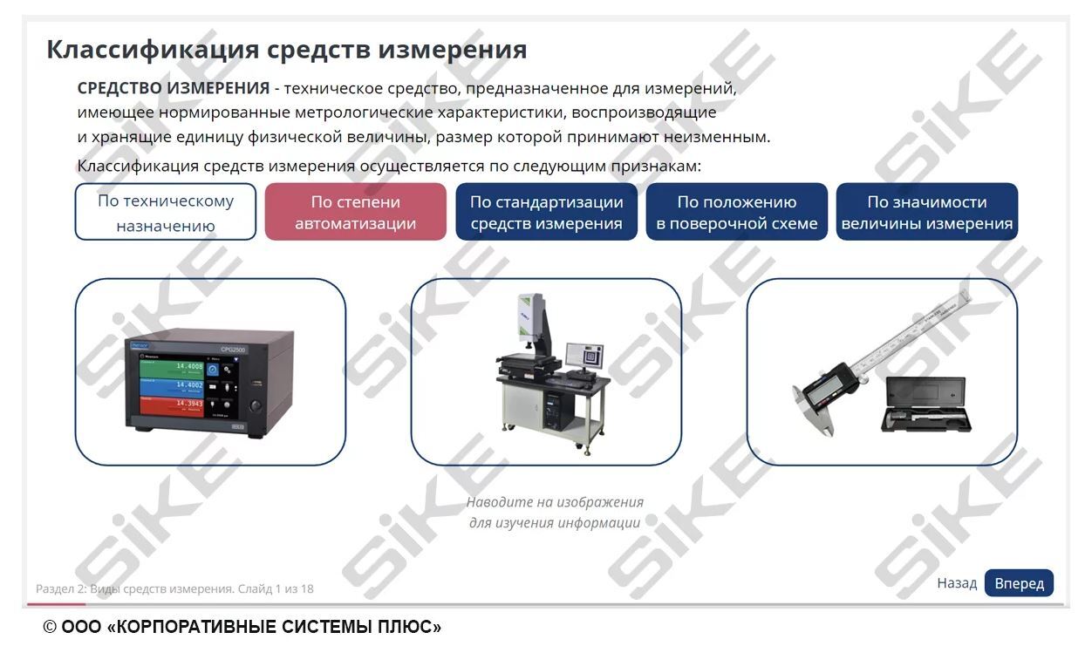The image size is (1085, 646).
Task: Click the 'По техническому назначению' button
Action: point(166,212)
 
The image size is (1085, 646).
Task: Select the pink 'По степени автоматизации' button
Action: point(355,212)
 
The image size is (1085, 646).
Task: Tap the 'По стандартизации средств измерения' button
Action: point(546,212)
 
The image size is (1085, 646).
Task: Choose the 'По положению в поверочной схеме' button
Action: point(736,212)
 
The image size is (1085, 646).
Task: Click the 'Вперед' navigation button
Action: point(1019,583)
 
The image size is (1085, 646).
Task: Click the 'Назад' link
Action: point(957,583)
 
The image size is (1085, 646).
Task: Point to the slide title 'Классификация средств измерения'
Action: point(286,50)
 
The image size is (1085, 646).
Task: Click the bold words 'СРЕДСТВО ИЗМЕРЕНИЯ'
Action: point(173,88)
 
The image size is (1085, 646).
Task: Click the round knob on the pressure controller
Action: point(256,405)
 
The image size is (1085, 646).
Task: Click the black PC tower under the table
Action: point(553,408)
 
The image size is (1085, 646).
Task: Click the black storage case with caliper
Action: point(925,405)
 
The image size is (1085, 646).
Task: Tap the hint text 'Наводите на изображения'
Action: point(555,502)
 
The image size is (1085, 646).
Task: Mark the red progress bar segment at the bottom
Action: point(56,603)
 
